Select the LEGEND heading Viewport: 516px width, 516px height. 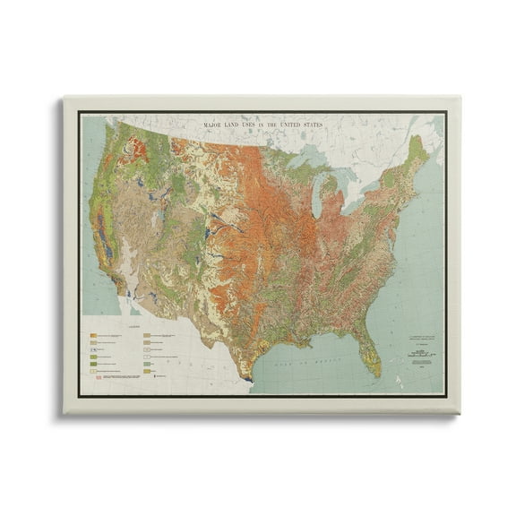(x=131, y=326)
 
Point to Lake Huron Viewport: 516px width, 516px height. (x=343, y=183)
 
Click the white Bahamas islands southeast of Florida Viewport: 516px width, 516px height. (x=400, y=363)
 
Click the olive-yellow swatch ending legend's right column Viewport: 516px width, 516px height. (x=145, y=368)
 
